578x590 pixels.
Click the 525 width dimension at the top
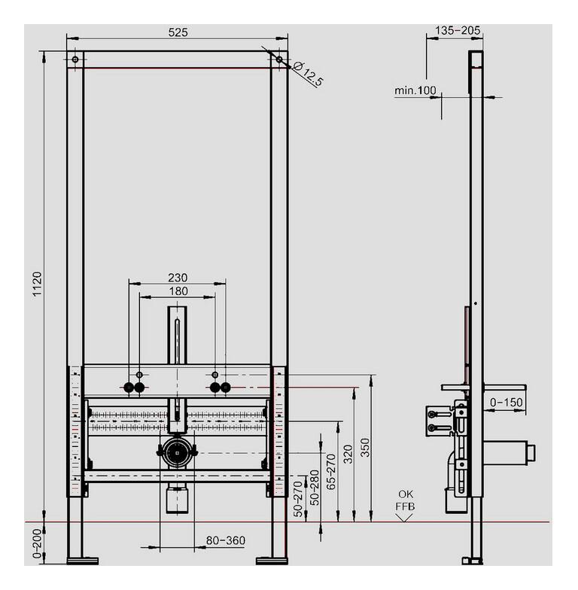tap(178, 32)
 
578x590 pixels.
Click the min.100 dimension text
tap(415, 90)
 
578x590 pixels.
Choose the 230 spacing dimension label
tap(178, 277)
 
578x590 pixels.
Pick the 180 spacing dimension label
tap(178, 291)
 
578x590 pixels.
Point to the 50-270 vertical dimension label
tap(299, 499)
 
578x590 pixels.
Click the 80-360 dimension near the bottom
tap(224, 540)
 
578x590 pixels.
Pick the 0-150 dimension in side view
tap(506, 403)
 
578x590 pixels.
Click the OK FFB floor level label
tap(405, 500)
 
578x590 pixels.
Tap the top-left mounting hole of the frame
tap(75, 59)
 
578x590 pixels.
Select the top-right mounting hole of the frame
tap(279, 59)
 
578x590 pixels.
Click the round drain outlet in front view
tap(177, 452)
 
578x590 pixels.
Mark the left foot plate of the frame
tap(82, 560)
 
